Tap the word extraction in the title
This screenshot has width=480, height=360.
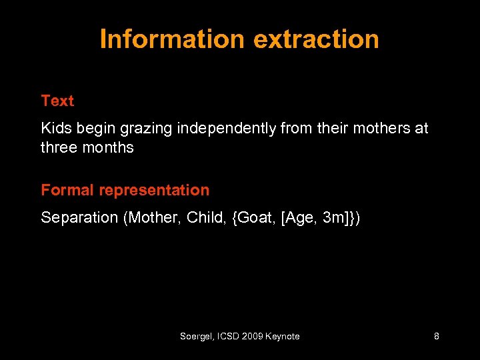point(316,39)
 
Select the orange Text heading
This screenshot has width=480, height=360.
point(57,101)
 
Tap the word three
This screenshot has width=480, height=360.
point(59,147)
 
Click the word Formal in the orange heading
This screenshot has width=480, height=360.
point(67,191)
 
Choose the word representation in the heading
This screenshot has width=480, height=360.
point(154,191)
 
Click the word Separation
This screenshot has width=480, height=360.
point(79,217)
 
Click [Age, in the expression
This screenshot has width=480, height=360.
point(299,217)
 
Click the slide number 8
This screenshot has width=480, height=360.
point(436,337)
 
